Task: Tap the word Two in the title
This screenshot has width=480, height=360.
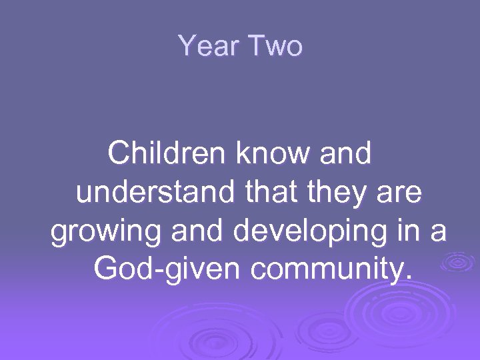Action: click(x=275, y=47)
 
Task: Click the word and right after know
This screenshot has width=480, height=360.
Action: click(x=346, y=154)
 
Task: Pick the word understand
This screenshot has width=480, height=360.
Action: click(x=155, y=193)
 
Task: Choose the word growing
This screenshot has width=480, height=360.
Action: click(x=109, y=232)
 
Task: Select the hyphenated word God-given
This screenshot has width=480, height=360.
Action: click(x=166, y=269)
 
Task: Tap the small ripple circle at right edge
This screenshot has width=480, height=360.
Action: click(x=457, y=262)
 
